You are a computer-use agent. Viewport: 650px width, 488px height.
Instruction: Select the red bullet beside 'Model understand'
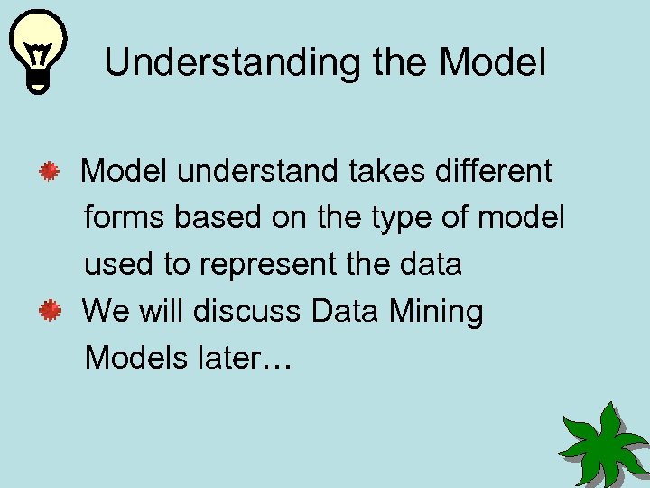pyautogui.click(x=50, y=170)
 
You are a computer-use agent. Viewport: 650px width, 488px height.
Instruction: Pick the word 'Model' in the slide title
pyautogui.click(x=492, y=63)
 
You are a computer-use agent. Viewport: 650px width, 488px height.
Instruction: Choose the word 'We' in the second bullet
pyautogui.click(x=106, y=312)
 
